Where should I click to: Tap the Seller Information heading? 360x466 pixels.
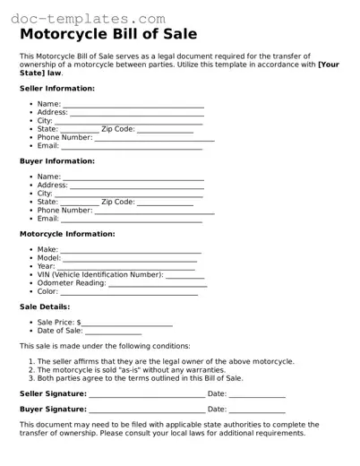coord(57,89)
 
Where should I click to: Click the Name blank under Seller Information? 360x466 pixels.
coord(133,106)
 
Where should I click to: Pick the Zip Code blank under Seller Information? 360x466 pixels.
coord(165,130)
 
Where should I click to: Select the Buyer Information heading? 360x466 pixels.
coord(56,161)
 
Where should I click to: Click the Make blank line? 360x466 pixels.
coord(131,251)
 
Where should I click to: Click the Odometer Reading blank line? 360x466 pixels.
coord(158,284)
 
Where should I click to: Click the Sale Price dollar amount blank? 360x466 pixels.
coord(127,324)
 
